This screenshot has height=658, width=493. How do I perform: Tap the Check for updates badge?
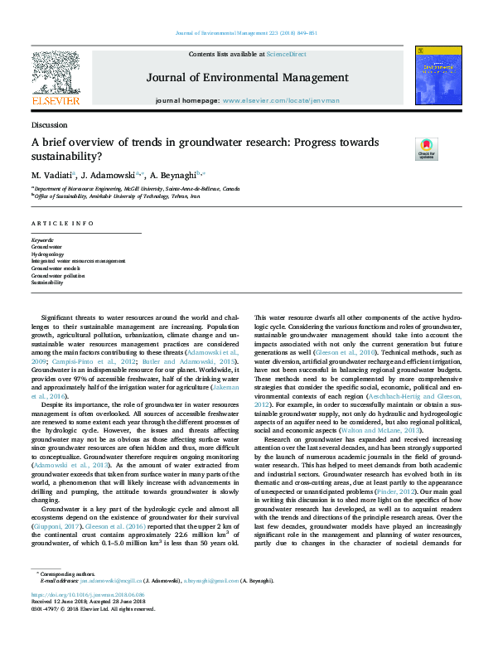[x=426, y=149]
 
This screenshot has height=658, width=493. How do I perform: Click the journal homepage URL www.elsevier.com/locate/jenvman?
[x=275, y=100]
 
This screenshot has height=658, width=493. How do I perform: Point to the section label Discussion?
[x=49, y=124]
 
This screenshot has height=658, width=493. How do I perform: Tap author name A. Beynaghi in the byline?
[x=176, y=177]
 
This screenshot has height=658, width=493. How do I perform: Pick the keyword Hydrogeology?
[x=46, y=254]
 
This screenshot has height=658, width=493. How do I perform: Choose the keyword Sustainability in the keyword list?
[x=47, y=283]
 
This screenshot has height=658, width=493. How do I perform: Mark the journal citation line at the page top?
[x=246, y=33]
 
